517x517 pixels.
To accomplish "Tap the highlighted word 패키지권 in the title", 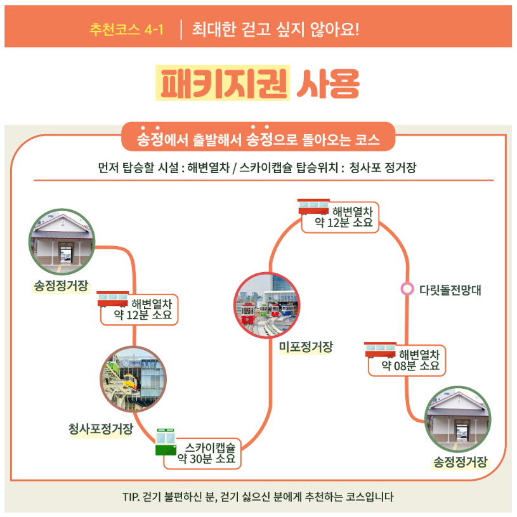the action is pyautogui.click(x=223, y=82).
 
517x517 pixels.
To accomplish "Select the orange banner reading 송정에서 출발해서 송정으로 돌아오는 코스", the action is pyautogui.click(x=258, y=138).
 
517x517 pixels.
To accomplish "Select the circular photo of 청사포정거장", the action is pyautogui.click(x=133, y=379).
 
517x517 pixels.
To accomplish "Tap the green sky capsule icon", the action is pyautogui.click(x=166, y=442).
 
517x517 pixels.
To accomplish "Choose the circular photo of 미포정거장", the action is pyautogui.click(x=266, y=305).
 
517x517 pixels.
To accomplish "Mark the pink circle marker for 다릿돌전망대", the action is pyautogui.click(x=407, y=289).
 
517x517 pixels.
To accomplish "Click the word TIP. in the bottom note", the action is pyautogui.click(x=131, y=497).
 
